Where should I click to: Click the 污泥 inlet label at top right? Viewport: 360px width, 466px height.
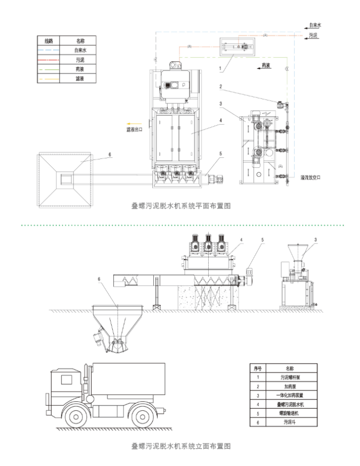pos(313,35)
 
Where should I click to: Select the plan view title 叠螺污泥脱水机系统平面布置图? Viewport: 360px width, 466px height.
pos(180,206)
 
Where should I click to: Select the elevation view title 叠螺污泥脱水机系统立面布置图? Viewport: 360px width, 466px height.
pos(180,446)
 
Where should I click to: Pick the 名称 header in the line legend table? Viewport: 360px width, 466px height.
pos(80,40)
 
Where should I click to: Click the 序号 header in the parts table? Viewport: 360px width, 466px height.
pos(257,368)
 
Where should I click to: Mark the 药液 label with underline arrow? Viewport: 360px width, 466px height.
pos(266,66)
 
